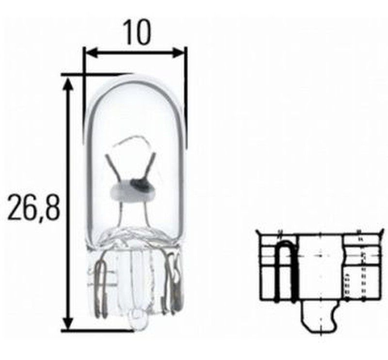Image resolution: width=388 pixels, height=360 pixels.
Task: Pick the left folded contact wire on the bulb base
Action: click(101, 286)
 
